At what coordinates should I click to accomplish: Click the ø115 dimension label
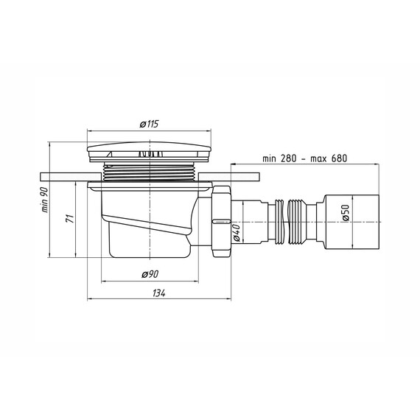[149, 124]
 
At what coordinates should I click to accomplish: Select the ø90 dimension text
[150, 274]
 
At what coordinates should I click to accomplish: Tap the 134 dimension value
[159, 293]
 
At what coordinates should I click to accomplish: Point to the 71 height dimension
[69, 219]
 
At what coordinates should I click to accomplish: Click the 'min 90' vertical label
[44, 200]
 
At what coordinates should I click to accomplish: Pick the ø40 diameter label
[237, 233]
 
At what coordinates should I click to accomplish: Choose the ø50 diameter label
[346, 213]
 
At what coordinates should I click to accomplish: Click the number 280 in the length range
[289, 158]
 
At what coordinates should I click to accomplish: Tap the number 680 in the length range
[340, 158]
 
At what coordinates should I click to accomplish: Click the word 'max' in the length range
[320, 159]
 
